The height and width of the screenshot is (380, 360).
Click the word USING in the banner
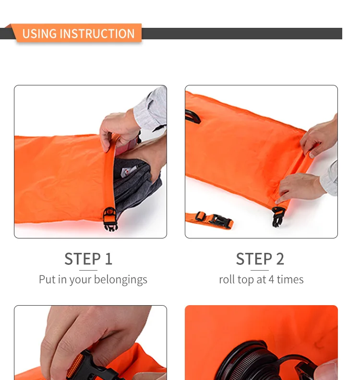coord(39,34)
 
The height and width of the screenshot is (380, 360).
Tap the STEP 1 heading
coord(88,259)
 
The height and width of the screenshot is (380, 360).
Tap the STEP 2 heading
coord(260,259)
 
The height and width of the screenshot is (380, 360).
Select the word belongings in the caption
coord(120,280)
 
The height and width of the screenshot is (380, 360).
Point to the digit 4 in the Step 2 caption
coord(271,280)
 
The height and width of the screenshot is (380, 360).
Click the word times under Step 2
coord(290,279)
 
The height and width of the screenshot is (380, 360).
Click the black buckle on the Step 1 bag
coord(110,219)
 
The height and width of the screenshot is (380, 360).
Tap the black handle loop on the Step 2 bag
coord(193,116)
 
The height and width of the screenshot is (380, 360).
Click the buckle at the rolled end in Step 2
coord(277,216)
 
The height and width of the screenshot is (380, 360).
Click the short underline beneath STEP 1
coord(88,270)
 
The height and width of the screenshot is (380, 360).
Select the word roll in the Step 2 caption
coord(227,279)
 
